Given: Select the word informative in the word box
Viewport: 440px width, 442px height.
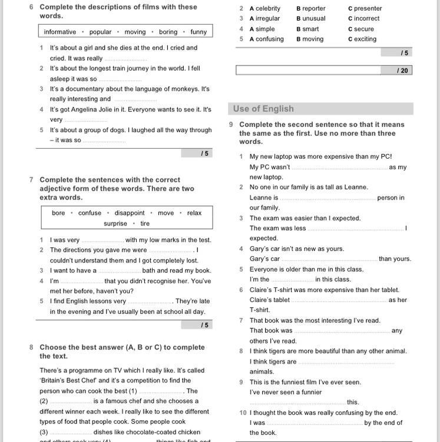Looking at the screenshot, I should point(59,32).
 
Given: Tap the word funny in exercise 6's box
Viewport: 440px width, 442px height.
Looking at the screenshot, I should point(199,32).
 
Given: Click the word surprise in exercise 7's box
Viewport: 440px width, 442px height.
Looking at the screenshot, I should point(115,224).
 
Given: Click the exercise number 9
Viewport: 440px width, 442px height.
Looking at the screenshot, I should point(231,125).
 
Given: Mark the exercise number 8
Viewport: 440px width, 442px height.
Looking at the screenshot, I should point(31,348).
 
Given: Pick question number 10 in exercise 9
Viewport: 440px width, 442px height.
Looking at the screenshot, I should point(243,413).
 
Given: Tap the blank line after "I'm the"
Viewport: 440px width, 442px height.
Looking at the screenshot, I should point(292,280).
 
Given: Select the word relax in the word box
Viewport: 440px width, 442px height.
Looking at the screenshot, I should point(194,213).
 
